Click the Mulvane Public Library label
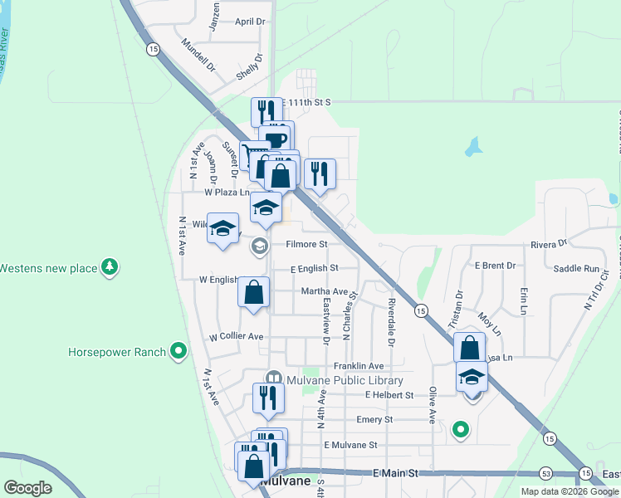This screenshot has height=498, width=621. [345, 380]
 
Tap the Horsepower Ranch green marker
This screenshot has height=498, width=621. [178, 352]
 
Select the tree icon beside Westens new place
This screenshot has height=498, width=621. [109, 266]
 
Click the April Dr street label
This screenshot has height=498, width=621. [250, 22]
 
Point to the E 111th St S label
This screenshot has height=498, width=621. [306, 102]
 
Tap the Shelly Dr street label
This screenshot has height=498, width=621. [249, 66]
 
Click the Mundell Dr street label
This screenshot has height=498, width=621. [198, 56]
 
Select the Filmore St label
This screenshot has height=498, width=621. [307, 245]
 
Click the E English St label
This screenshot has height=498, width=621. [315, 269]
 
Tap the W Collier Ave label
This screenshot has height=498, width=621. [236, 337]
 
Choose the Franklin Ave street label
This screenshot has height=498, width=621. [359, 366]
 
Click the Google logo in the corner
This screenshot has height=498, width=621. [27, 488]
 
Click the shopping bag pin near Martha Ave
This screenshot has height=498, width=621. [254, 294]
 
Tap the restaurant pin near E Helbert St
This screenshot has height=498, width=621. [268, 399]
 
